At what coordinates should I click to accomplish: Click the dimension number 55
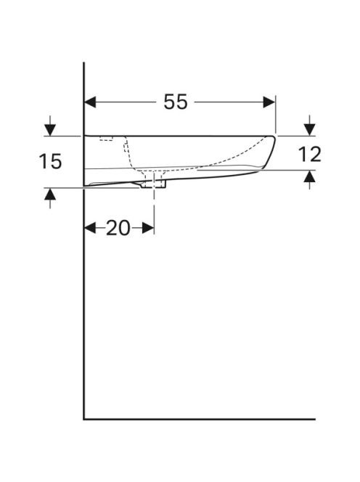[175, 102]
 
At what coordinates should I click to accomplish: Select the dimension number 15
[50, 161]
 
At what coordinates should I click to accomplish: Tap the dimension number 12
[310, 155]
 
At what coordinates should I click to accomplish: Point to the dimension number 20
[118, 229]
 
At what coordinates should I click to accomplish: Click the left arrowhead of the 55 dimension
[90, 102]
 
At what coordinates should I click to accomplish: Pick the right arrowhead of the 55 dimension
[269, 102]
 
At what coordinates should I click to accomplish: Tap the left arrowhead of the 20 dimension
[90, 229]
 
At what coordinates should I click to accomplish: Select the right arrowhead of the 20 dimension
[148, 229]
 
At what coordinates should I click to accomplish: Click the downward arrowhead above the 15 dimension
[50, 130]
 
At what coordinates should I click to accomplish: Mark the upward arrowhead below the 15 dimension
[50, 194]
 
